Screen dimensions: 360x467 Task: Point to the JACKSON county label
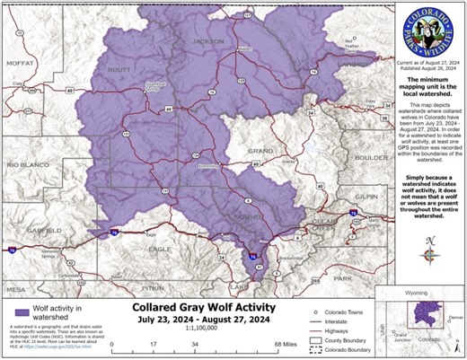207,41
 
